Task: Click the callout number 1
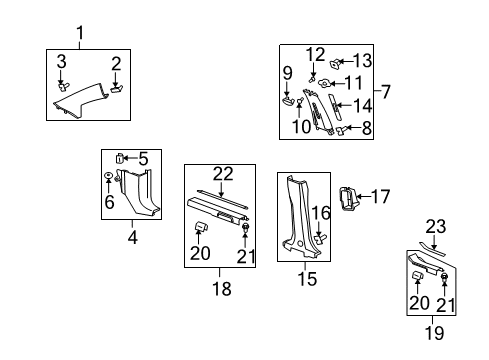(x=82, y=34)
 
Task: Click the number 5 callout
(x=143, y=158)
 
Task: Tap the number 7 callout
(x=385, y=92)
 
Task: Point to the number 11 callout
(x=351, y=82)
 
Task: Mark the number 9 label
(x=286, y=72)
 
